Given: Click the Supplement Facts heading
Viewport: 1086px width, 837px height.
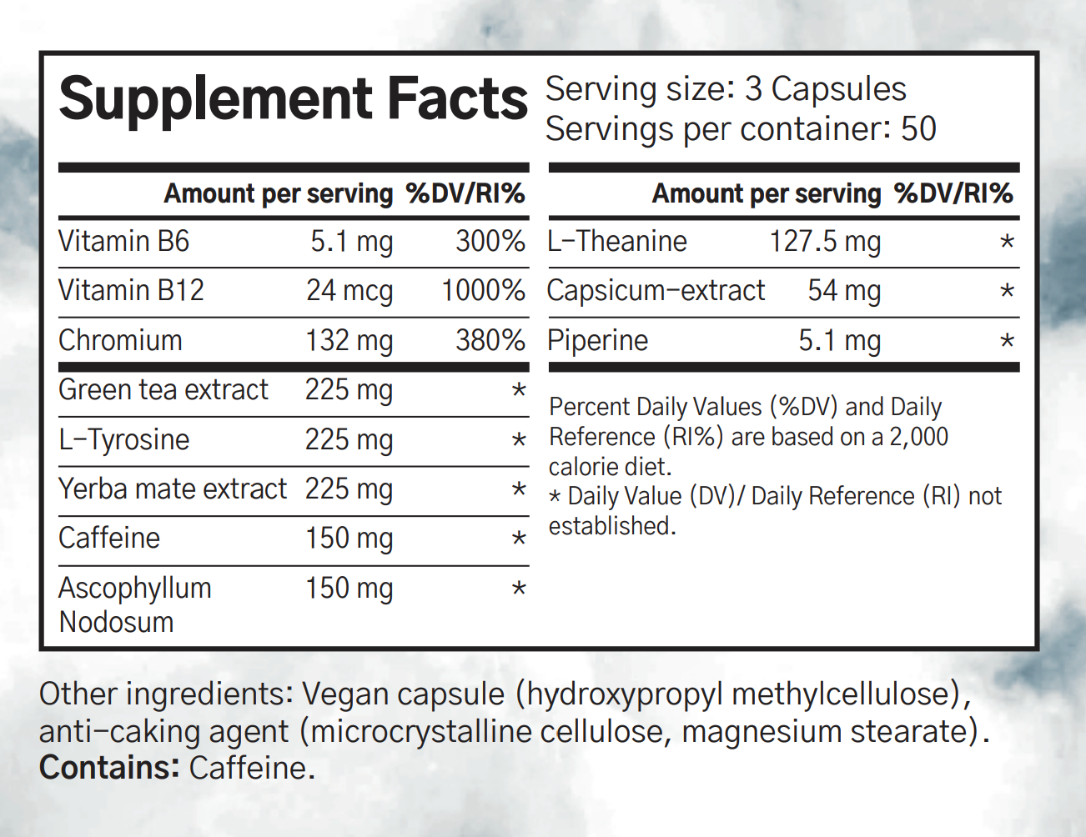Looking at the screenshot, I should pos(293,99).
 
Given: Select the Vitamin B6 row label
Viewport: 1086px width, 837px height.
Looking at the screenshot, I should pos(124,242).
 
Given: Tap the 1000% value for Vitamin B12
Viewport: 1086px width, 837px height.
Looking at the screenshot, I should pos(483,291).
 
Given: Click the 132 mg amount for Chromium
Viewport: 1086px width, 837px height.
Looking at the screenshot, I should pos(349,341).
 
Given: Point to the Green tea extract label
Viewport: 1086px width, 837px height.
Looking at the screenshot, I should pos(163,390).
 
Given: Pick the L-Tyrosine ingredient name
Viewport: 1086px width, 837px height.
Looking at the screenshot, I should pos(124,440).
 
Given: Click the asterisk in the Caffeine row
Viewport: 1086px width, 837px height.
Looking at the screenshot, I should pos(519,539).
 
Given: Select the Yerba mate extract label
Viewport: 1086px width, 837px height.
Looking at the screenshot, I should pos(173,489).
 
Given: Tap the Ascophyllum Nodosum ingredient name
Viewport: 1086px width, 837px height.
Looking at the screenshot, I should pos(134,604).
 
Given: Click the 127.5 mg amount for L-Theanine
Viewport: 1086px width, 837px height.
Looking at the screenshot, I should pos(825,242).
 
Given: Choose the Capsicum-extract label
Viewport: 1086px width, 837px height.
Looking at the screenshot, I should pos(656,291).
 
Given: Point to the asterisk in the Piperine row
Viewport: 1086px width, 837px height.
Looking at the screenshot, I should pos(1007,342).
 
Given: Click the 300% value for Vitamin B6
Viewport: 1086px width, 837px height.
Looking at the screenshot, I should pos(490,242).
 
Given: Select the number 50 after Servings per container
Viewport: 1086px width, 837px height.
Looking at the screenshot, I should pos(918,129).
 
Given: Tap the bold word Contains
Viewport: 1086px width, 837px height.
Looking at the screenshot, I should pos(108,768).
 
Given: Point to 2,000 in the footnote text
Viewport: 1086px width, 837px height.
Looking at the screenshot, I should pos(918,437).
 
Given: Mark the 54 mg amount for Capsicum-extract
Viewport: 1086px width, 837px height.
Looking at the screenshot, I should pos(844,291).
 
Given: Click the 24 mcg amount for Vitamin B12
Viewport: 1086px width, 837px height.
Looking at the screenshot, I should pos(349,291).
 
